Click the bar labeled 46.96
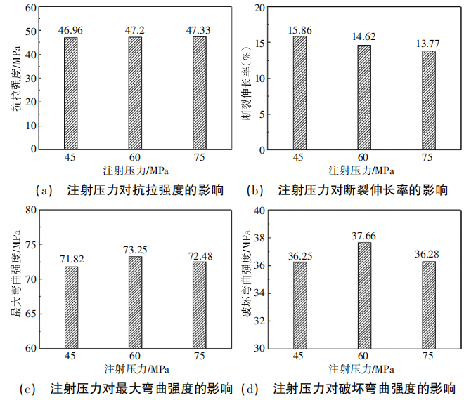[x=71, y=93]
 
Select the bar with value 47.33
[x=200, y=93]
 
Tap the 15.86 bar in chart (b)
[x=299, y=93]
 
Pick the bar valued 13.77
[x=428, y=100]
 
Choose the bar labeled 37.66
[x=363, y=295]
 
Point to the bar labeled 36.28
[x=428, y=305]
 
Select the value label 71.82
[x=71, y=260]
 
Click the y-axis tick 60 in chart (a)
[x=31, y=8]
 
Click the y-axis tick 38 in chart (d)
[x=259, y=238]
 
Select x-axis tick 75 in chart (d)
[x=428, y=357]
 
